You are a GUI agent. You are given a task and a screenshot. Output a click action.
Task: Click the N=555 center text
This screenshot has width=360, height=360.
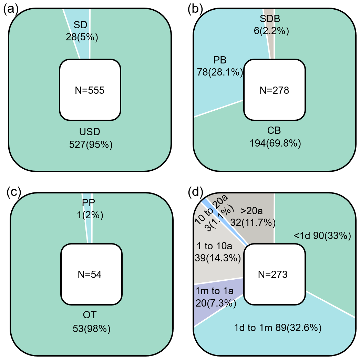pyautogui.click(x=90, y=91)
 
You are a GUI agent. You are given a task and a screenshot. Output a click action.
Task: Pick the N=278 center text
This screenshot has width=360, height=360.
pyautogui.click(x=274, y=91)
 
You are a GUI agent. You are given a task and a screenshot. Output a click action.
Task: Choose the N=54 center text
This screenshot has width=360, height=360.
pyautogui.click(x=91, y=274)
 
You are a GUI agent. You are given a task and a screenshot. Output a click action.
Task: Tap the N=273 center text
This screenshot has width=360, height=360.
pyautogui.click(x=273, y=274)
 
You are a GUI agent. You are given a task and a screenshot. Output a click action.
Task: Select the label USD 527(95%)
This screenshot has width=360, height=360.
pyautogui.click(x=91, y=138)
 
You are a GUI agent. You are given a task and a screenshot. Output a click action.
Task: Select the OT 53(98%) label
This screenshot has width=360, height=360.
pyautogui.click(x=92, y=322)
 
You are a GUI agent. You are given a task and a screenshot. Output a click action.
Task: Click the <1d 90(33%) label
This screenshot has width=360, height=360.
pyautogui.click(x=322, y=236)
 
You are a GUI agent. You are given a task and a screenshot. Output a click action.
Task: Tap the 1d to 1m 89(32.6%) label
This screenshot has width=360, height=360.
pyautogui.click(x=277, y=328)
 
